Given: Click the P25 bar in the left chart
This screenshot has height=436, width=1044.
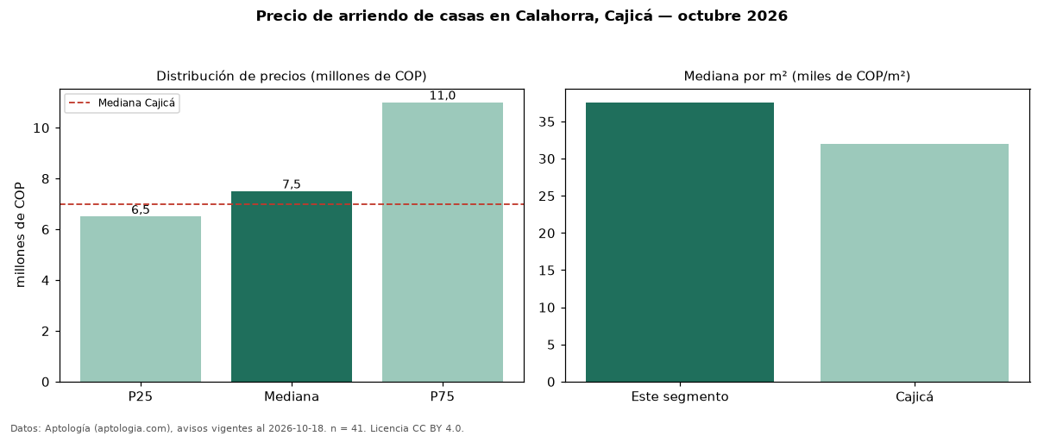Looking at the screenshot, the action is (141, 299).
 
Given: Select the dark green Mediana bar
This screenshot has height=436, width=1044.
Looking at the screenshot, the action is (292, 287).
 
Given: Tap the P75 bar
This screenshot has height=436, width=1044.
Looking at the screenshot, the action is (443, 242).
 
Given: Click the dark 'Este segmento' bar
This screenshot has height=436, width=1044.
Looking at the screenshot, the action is (680, 242).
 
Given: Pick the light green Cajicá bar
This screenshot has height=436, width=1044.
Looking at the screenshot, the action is (915, 263).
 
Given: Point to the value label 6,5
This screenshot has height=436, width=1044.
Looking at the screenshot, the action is (141, 210).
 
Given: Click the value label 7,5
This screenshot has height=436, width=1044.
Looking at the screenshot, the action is (292, 184).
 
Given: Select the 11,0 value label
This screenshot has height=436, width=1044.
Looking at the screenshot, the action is (443, 96).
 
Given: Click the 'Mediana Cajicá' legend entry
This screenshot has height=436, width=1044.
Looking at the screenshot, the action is (122, 103).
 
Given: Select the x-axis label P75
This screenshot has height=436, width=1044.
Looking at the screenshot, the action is (443, 396).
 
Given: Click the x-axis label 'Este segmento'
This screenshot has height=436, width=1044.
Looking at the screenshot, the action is (680, 397).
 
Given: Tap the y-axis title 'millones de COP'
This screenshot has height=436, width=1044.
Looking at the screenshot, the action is (20, 234).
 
